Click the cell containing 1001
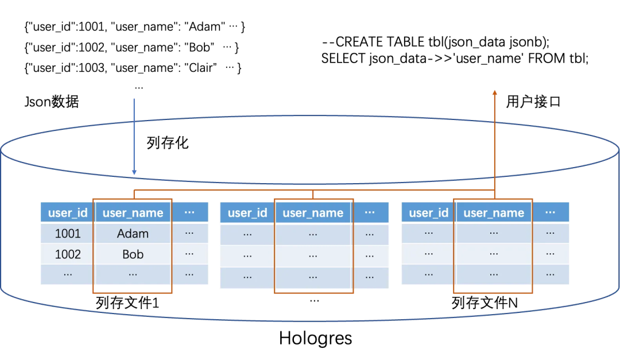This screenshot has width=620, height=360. click(x=68, y=234)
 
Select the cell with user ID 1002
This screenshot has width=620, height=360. click(x=68, y=254)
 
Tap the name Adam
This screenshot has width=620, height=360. click(x=133, y=234)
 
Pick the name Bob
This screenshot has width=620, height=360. click(x=133, y=254)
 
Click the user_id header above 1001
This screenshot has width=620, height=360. click(x=68, y=213)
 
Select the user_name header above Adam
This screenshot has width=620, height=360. click(x=133, y=213)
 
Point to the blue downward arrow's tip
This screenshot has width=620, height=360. click(x=134, y=173)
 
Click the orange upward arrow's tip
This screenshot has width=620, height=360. click(x=494, y=90)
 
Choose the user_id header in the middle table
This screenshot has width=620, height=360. click(x=247, y=213)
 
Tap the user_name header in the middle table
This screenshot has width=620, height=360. click(x=313, y=213)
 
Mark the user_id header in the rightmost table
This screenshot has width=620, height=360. click(x=428, y=213)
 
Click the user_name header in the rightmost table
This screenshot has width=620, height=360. click(x=494, y=213)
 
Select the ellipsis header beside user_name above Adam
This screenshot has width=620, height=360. click(x=189, y=212)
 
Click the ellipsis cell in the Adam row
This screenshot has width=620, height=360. click(x=189, y=234)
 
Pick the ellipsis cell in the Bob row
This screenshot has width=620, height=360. click(x=189, y=254)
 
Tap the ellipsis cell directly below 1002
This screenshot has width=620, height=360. click(x=68, y=274)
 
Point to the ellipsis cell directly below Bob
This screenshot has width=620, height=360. click(x=133, y=274)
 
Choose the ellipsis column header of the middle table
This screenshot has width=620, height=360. click(x=370, y=212)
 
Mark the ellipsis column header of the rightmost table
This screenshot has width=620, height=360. click(x=550, y=212)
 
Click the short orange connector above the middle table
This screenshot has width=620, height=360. click(x=313, y=195)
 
